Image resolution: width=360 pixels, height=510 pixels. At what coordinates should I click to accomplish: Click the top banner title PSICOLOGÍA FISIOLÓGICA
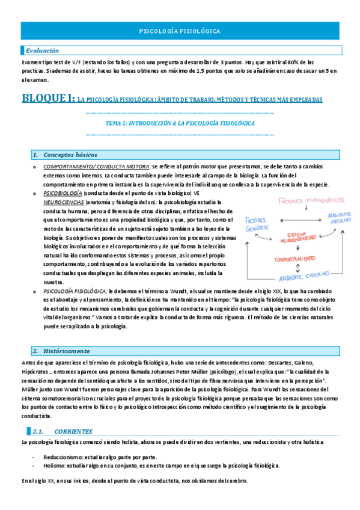(x=180, y=30)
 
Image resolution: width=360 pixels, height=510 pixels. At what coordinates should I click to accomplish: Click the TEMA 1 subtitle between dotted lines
(x=180, y=123)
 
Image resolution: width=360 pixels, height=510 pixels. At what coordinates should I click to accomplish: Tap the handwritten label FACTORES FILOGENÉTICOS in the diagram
(x=310, y=200)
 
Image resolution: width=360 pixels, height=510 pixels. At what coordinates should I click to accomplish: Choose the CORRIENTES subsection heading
(x=73, y=431)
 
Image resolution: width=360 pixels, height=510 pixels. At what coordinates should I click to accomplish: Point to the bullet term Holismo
(x=54, y=465)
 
